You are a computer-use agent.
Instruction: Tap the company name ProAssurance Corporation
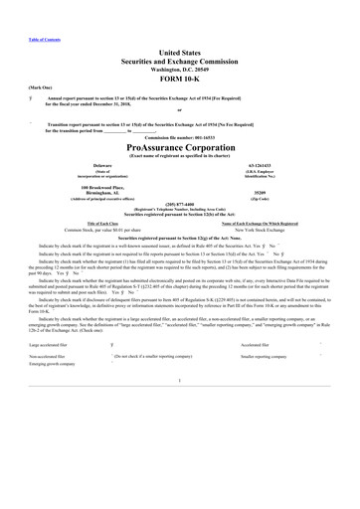(179, 144)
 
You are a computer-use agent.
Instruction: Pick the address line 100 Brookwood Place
(102, 187)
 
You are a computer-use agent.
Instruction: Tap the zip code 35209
(258, 192)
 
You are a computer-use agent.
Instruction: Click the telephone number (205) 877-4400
(180, 204)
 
